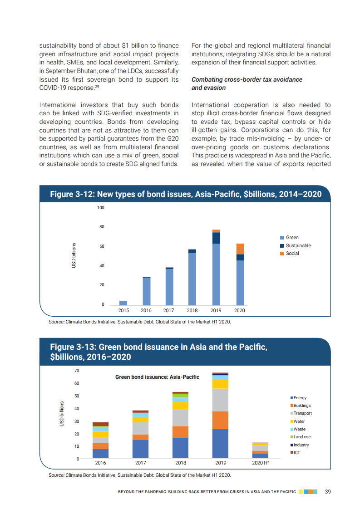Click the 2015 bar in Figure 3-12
[123, 303]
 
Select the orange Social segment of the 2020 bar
[240, 249]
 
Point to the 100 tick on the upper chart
[100, 208]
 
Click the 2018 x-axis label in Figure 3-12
[192, 310]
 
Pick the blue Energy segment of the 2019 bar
[221, 443]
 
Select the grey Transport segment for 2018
[180, 417]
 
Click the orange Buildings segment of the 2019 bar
[221, 420]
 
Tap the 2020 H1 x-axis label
[261, 463]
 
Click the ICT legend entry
[297, 452]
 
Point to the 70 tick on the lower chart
[76, 371]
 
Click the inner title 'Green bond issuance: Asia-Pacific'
[157, 377]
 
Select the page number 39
[327, 492]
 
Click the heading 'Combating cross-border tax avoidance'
[247, 79]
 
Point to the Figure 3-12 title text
[185, 194]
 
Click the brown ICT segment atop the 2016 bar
[100, 424]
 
